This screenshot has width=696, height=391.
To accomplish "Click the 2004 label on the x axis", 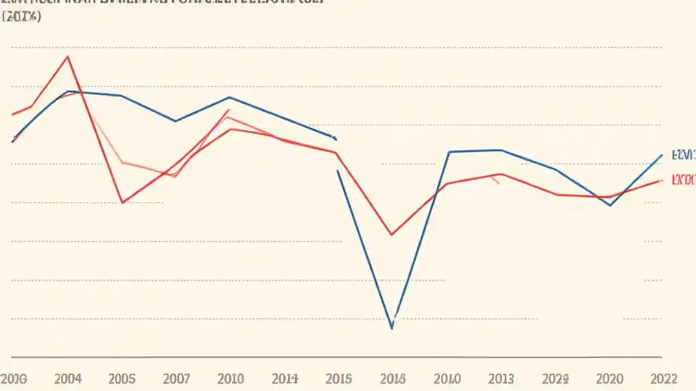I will point(67,379).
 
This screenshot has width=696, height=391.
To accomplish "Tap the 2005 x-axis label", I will point(122,379).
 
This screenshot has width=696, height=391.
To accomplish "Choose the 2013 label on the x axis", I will point(501,379).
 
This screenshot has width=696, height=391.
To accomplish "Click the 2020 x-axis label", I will point(610,379).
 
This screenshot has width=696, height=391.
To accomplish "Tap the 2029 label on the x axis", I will point(556,379).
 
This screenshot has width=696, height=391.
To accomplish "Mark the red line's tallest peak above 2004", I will point(67,56).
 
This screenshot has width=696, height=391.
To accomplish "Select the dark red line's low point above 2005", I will point(122,203).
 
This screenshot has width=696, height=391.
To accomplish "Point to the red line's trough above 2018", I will point(391,235).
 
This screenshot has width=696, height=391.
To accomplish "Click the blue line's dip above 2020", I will point(610,205).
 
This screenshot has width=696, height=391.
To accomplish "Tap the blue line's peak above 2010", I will point(229,97).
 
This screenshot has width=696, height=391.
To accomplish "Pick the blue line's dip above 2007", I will point(175,121).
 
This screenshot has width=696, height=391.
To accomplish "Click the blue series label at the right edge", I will point(683,155).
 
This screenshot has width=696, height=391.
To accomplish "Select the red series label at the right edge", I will point(683,180).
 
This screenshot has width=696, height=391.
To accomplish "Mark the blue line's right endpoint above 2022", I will point(662,155).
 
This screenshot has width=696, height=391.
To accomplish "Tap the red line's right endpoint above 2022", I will point(662,180).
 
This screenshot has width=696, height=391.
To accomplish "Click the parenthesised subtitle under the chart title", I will point(22,17).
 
